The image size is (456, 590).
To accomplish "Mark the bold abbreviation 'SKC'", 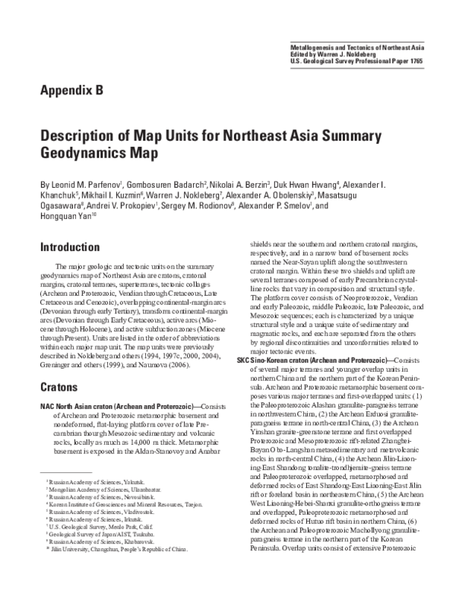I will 244,338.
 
